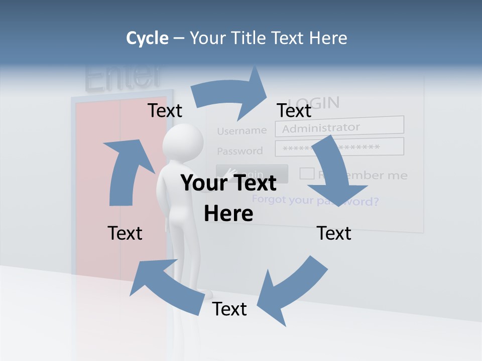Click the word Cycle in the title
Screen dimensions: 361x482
147,38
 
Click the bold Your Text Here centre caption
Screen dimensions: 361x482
228,198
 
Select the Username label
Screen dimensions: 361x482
242,131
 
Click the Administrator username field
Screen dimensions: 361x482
339,127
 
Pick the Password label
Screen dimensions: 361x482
239,151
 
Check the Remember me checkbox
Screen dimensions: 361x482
307,173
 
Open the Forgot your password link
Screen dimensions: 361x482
315,201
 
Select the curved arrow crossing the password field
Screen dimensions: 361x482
337,170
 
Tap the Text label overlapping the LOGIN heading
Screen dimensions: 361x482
294,110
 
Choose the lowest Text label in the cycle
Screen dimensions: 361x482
229,309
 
